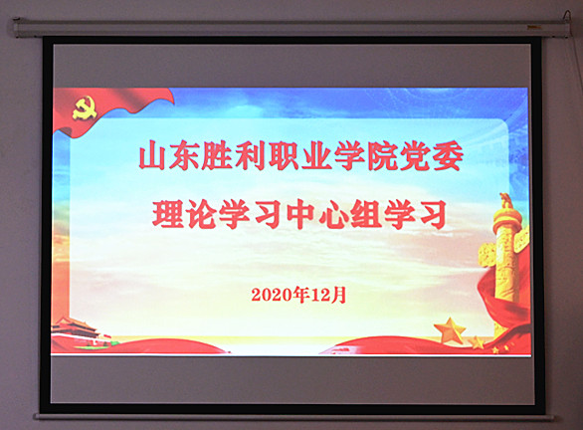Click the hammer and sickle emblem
point(85,107)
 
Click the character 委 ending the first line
point(448,156)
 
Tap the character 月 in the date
point(339,295)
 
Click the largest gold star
point(450,330)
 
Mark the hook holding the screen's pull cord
point(567,17)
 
